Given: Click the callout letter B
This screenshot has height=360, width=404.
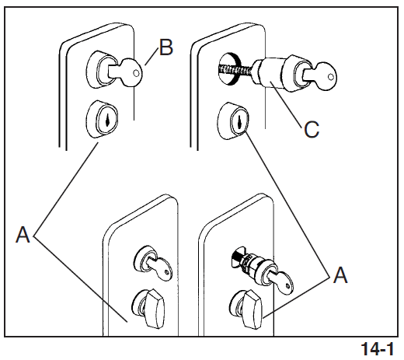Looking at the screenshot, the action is [x=166, y=47].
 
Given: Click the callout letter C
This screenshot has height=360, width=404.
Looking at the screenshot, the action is [x=312, y=129].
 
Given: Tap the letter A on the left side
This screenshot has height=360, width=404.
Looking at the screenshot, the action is [x=23, y=234].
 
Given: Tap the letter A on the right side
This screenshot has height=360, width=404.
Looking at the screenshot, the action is [x=340, y=274].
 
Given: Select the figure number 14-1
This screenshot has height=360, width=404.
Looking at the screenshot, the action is [x=377, y=349].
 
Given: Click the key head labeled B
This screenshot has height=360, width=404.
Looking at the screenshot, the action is [x=131, y=72].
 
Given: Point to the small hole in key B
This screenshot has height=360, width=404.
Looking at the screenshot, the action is [x=136, y=73].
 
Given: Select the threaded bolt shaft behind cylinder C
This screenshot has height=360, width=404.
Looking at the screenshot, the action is [x=236, y=70].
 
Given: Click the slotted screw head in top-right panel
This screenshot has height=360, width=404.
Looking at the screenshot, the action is [x=228, y=68].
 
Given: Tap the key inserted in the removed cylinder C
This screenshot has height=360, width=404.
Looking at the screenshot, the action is [x=321, y=75].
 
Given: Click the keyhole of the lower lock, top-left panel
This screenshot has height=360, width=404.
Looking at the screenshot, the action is [x=107, y=121].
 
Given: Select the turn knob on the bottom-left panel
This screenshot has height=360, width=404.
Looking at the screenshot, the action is [x=154, y=309].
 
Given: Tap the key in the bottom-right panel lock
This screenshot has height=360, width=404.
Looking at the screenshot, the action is [x=282, y=281].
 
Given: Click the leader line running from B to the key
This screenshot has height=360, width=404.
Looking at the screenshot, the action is [x=151, y=57].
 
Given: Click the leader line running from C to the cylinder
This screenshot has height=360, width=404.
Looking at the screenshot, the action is [x=285, y=104].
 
